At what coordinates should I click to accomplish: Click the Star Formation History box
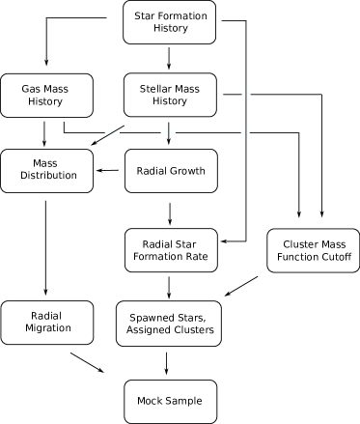pyautogui.click(x=171, y=22)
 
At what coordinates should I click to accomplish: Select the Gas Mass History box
pyautogui.click(x=46, y=95)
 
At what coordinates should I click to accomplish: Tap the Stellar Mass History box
pyautogui.click(x=171, y=95)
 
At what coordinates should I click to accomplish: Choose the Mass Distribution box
pyautogui.click(x=46, y=170)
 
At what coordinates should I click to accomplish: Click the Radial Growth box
pyautogui.click(x=171, y=170)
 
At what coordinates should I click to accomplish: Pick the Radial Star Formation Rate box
pyautogui.click(x=171, y=250)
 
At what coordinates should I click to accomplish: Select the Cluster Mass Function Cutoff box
pyautogui.click(x=305, y=250)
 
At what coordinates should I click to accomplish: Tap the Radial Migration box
pyautogui.click(x=46, y=323)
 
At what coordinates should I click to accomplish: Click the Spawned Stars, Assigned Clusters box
pyautogui.click(x=171, y=323)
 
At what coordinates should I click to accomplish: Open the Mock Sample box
pyautogui.click(x=171, y=399)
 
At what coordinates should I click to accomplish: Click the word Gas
pyautogui.click(x=32, y=88)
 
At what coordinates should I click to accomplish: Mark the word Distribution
pyautogui.click(x=46, y=178)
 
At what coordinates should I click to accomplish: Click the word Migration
pyautogui.click(x=46, y=329)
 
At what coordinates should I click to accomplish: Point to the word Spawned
pyautogui.click(x=155, y=316)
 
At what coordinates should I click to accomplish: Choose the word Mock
pyautogui.click(x=151, y=399)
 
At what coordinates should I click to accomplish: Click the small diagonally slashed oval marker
pyautogui.click(x=112, y=131)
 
